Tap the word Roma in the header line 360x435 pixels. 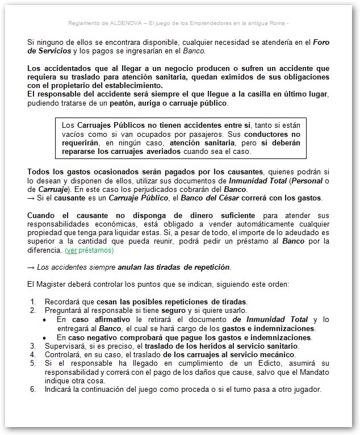pos(279,23)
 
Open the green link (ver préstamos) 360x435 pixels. pos(89,250)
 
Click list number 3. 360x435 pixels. pos(33,346)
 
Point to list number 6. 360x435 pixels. pos(33,390)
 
